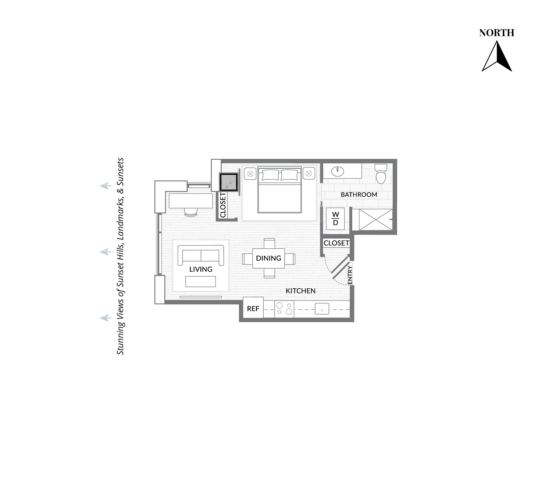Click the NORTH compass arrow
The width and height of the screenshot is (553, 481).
(x=497, y=56)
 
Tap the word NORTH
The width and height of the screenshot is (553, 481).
(x=497, y=33)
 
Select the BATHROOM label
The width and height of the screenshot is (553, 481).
(x=359, y=195)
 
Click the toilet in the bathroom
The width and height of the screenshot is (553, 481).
(x=381, y=174)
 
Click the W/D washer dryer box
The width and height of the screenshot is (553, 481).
(x=335, y=219)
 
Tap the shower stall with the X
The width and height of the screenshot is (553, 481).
(x=375, y=219)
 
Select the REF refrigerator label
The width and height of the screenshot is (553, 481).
(x=253, y=309)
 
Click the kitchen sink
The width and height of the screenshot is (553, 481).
(x=322, y=309)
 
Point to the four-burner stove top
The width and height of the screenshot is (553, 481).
(x=284, y=309)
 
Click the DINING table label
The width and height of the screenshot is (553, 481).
(x=269, y=258)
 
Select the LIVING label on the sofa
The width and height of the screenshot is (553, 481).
(x=201, y=269)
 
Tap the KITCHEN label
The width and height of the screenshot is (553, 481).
(x=301, y=291)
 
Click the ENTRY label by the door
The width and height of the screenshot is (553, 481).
(x=350, y=275)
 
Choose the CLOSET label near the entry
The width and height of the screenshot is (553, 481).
(x=336, y=243)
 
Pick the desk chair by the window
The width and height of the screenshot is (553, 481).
(x=191, y=212)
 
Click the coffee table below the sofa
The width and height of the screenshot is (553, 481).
(x=201, y=282)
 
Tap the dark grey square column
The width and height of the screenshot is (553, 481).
(x=229, y=182)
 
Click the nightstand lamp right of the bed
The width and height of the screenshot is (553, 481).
(x=309, y=174)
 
